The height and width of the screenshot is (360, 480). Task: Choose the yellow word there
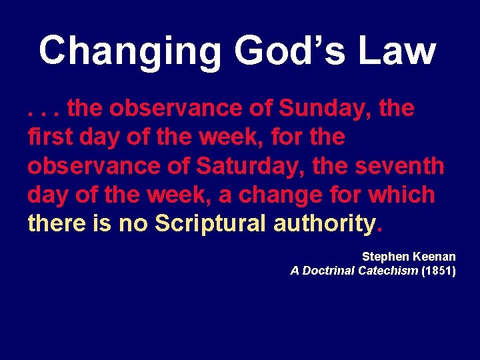57,224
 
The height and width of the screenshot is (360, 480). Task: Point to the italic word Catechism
388,271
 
